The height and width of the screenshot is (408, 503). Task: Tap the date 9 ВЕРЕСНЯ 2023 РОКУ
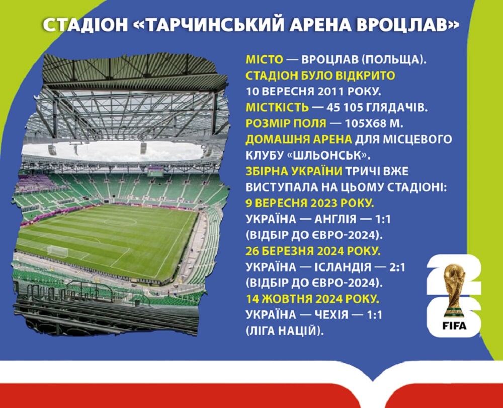[x=310, y=203]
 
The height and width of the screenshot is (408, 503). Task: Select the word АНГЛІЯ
[x=335, y=220]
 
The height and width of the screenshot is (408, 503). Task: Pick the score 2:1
[x=397, y=267]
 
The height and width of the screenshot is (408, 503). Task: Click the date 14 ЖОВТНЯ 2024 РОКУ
[x=312, y=299]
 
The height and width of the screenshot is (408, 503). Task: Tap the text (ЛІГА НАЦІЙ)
[x=285, y=330]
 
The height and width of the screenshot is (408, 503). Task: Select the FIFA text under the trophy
[x=454, y=326]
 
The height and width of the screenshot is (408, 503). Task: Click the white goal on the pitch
[x=58, y=251]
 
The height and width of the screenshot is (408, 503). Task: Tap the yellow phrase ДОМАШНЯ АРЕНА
[x=299, y=139]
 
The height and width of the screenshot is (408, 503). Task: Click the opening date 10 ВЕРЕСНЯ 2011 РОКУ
[x=313, y=92]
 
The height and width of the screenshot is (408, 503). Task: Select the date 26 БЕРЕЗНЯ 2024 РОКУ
[x=313, y=251]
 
